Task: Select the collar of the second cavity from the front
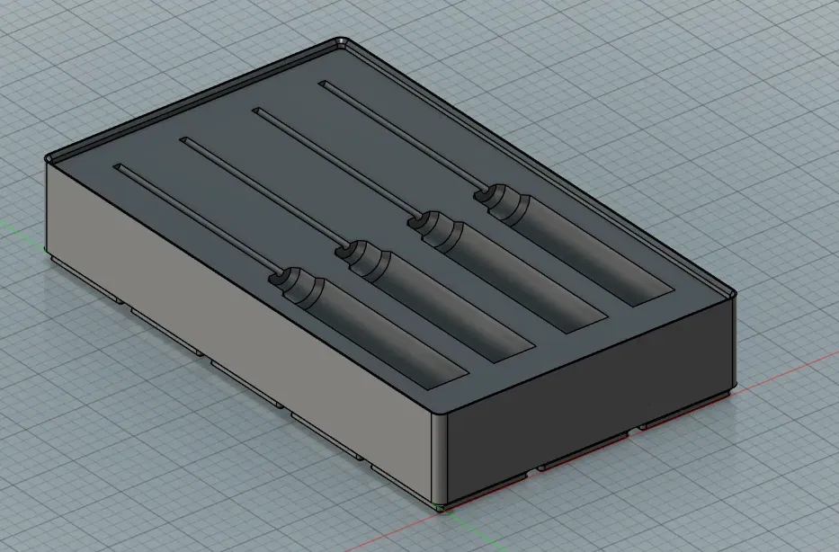[x=364, y=257]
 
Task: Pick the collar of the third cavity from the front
[x=433, y=228]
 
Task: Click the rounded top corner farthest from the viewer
[x=343, y=41]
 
